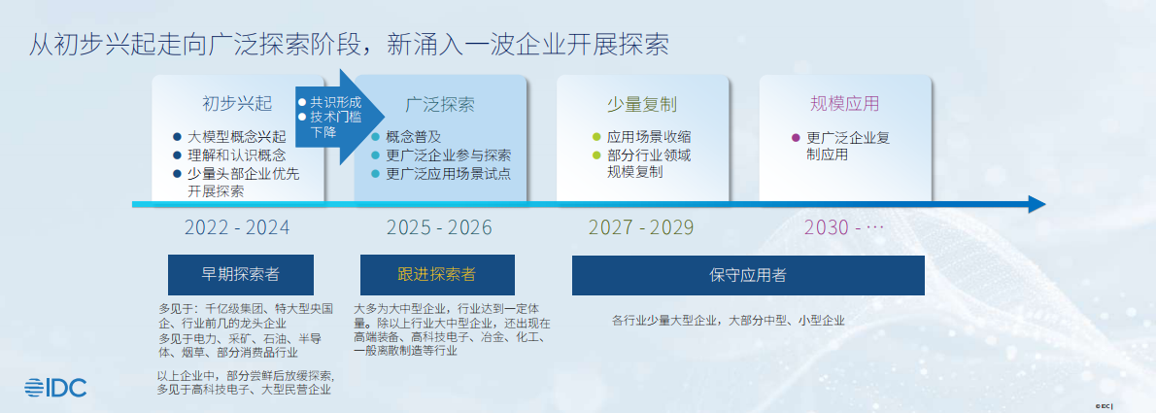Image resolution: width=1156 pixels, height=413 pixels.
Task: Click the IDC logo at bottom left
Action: [55, 387]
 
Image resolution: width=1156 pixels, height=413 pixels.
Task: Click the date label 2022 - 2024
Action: [237, 228]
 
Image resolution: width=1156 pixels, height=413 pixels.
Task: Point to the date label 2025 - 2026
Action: [439, 228]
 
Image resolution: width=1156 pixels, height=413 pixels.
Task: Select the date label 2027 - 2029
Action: [641, 228]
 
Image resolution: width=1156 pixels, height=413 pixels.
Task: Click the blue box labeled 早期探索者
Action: [240, 274]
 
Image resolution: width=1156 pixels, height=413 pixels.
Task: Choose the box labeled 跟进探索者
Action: [437, 274]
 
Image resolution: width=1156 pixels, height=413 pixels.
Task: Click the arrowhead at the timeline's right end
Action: [1037, 204]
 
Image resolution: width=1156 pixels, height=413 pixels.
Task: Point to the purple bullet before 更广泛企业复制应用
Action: [796, 138]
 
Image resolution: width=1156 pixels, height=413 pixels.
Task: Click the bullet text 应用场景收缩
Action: [649, 138]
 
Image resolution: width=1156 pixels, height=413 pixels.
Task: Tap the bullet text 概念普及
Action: [414, 137]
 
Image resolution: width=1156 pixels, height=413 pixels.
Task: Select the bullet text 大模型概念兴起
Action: [237, 137]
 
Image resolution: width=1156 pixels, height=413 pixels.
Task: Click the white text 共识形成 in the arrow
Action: [335, 102]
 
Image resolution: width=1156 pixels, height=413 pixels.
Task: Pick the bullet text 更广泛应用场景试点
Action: [448, 174]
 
